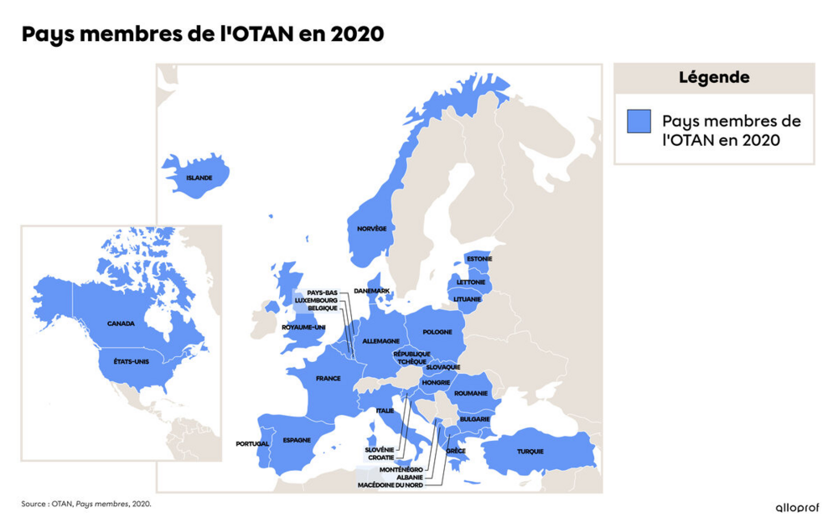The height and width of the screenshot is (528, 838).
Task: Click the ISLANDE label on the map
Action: pyautogui.click(x=199, y=178)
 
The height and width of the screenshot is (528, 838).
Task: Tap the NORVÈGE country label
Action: pyautogui.click(x=372, y=228)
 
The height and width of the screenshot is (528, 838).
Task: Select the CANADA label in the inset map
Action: pyautogui.click(x=121, y=323)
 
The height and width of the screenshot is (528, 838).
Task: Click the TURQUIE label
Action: pyautogui.click(x=530, y=452)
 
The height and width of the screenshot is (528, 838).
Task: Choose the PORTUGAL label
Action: pyautogui.click(x=252, y=443)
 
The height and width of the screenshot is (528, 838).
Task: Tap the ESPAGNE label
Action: pyautogui.click(x=297, y=440)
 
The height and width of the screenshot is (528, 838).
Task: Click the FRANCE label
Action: pyautogui.click(x=328, y=379)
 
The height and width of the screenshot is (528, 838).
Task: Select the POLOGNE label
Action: pyautogui.click(x=437, y=332)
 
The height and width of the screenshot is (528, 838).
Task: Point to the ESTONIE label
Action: pyautogui.click(x=479, y=259)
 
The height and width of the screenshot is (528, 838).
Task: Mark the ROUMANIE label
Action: pyautogui.click(x=470, y=393)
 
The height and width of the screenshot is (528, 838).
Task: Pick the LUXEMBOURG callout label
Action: pyautogui.click(x=316, y=300)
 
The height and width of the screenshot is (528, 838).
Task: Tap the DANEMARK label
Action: pyautogui.click(x=372, y=291)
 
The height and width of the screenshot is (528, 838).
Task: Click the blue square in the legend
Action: pyautogui.click(x=639, y=122)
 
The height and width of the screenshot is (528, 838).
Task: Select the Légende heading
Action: pyautogui.click(x=714, y=78)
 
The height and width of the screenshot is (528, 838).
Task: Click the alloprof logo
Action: pyautogui.click(x=796, y=507)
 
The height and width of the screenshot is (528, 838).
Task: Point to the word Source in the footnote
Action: pyautogui.click(x=34, y=504)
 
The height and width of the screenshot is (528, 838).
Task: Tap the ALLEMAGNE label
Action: pyautogui.click(x=380, y=341)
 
